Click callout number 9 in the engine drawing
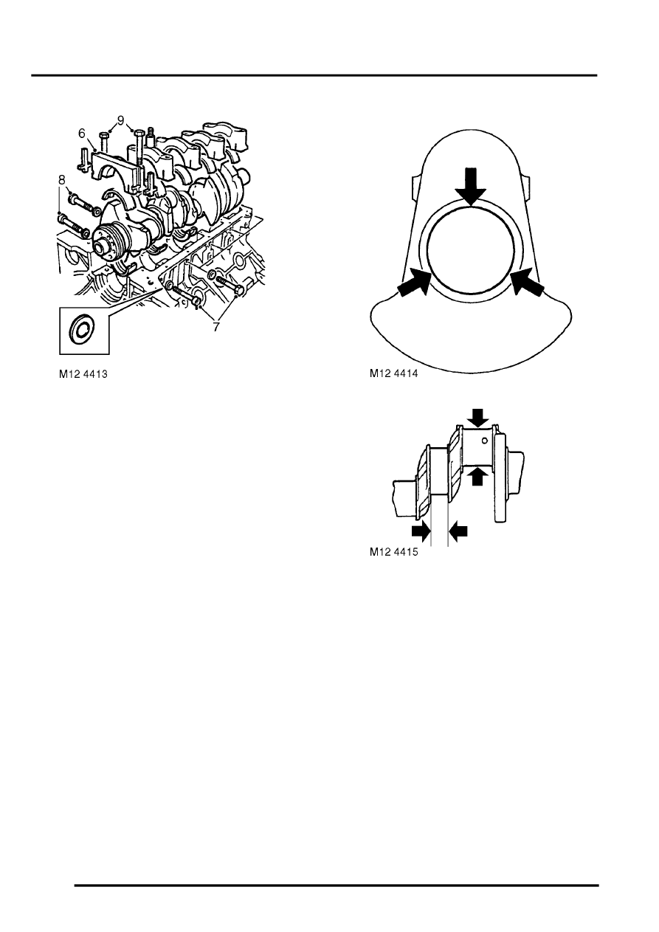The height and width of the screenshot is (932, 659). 120,121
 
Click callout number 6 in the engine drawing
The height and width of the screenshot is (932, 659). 81,134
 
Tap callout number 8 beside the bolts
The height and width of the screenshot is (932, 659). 61,180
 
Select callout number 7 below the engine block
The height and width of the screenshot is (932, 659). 216,327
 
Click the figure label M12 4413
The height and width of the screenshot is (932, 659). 83,374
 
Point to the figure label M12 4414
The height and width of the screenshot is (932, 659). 394,373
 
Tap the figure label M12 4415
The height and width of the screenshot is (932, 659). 394,552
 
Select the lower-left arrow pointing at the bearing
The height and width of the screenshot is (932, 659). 413,283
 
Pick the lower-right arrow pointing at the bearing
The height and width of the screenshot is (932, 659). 527,283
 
